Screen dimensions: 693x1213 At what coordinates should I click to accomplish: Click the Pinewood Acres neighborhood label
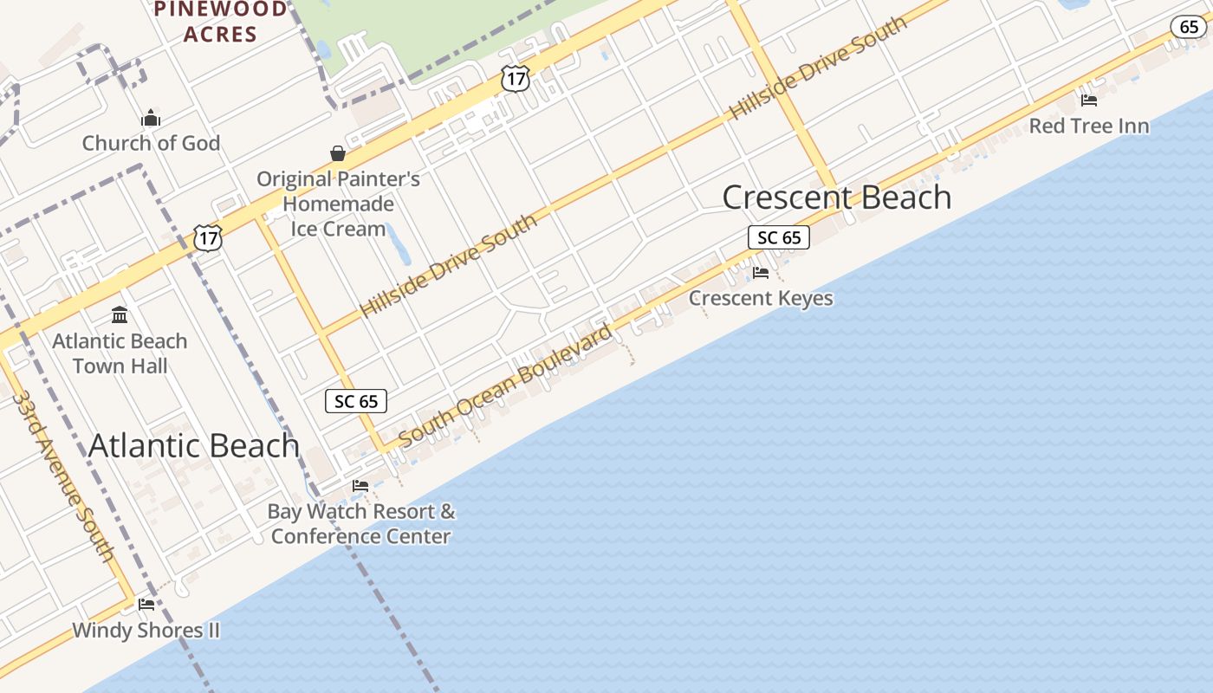click(219, 22)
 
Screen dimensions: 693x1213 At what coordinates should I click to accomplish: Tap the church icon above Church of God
click(151, 118)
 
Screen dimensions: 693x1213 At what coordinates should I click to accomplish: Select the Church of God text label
click(151, 143)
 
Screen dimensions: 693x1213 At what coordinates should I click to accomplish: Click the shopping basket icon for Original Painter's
click(338, 154)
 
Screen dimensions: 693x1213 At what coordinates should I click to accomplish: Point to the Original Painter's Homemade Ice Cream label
click(338, 204)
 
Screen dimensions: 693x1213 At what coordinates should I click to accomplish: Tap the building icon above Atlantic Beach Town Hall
click(120, 314)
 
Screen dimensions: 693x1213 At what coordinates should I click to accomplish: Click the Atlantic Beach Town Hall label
click(120, 353)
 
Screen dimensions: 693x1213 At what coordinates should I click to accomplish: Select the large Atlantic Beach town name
click(194, 446)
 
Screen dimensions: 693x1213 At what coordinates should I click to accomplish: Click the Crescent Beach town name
click(837, 198)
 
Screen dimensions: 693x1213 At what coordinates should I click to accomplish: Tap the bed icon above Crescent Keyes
click(761, 273)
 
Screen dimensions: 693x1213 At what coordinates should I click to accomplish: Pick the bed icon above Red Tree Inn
click(1089, 100)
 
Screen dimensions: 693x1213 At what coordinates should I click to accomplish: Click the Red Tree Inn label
click(1089, 126)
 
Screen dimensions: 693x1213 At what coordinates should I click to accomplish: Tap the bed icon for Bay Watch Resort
click(360, 486)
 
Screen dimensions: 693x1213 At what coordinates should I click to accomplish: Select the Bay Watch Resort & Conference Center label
click(360, 523)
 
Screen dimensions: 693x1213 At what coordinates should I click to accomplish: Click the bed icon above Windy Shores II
click(146, 605)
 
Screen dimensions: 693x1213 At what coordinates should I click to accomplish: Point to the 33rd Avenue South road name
click(62, 476)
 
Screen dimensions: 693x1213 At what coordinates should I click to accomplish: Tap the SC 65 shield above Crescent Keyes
click(779, 237)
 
